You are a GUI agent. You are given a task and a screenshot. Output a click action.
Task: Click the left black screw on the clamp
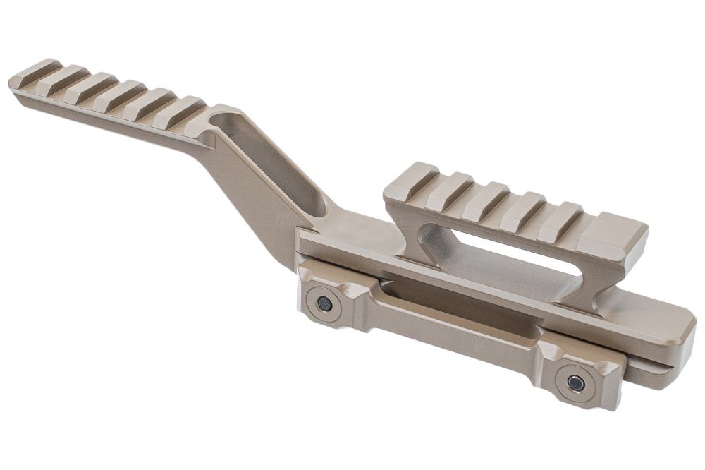(x=324, y=304)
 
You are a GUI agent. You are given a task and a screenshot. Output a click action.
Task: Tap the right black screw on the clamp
(x=575, y=383)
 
